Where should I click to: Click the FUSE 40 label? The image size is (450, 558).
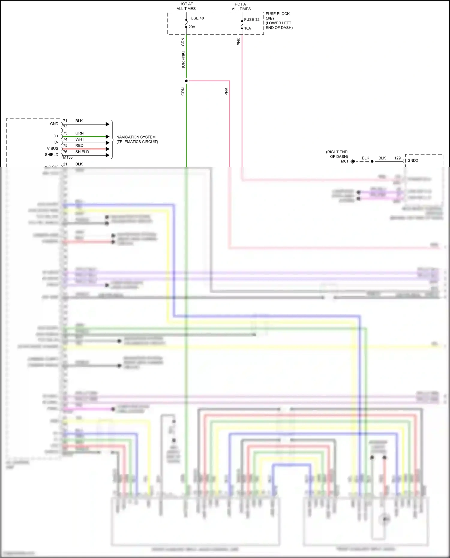196,18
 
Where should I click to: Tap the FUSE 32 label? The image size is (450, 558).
252,19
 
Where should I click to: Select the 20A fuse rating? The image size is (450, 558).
192,27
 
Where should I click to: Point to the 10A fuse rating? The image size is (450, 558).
247,28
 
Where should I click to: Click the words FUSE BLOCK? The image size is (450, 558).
277,14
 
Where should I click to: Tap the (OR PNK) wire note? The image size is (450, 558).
183,60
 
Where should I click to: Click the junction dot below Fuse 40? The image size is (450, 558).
186,81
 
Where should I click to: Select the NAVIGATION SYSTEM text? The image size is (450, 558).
136,137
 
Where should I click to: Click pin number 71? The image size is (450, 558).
65,121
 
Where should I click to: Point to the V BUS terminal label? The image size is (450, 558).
52,148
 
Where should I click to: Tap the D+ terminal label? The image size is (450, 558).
56,136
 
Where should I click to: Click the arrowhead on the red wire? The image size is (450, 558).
108,149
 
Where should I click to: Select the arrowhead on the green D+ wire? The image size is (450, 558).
108,137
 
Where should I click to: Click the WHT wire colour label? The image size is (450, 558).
80,139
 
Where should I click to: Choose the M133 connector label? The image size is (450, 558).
68,157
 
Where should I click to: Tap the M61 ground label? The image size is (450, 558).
344,161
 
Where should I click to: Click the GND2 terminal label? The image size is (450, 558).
412,160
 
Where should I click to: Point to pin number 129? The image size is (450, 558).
397,158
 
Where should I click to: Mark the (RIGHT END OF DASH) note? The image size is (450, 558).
337,154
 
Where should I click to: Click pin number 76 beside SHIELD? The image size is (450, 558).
65,152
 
